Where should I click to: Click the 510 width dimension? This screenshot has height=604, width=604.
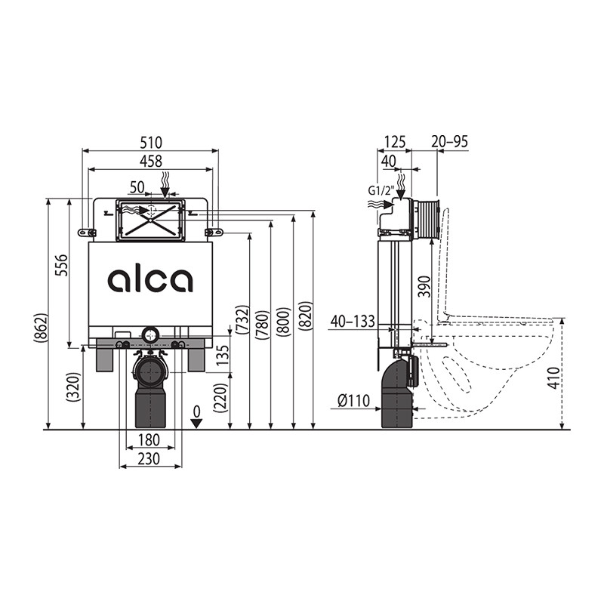[x=151, y=143]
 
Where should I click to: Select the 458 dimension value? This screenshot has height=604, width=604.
[x=151, y=162]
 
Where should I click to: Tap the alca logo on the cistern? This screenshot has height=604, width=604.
[x=150, y=280]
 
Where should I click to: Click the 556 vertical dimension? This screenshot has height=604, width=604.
[x=61, y=265]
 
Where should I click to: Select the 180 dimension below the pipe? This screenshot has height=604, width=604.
[x=149, y=439]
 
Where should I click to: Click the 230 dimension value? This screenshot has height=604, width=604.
[x=149, y=459]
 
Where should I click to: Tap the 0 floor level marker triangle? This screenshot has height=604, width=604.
[x=197, y=424]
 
